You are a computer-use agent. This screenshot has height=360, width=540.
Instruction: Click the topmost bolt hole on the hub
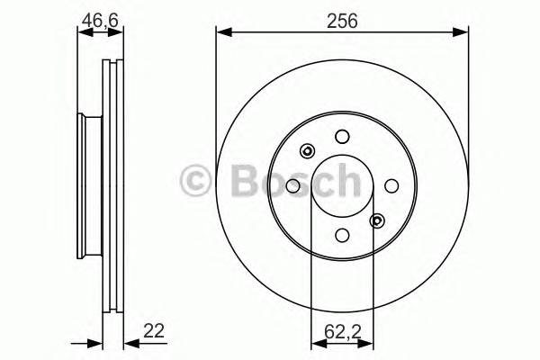(341, 137)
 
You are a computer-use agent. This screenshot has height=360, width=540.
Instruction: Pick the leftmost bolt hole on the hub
(292, 185)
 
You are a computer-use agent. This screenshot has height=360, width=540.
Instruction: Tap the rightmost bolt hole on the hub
(391, 185)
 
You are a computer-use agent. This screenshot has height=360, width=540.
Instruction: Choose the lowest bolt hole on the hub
(341, 235)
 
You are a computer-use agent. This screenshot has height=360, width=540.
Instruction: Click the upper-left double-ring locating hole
(307, 151)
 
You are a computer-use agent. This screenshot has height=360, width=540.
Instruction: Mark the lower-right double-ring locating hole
(376, 220)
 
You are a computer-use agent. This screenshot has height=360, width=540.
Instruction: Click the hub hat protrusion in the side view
(86, 184)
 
